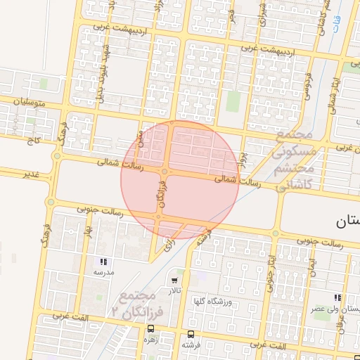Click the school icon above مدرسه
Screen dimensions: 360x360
click(103, 262)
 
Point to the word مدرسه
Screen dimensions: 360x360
click(103, 271)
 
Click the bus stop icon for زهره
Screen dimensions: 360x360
click(150, 329)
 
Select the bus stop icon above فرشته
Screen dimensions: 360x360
click(191, 334)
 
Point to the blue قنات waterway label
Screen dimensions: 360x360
click(336, 25)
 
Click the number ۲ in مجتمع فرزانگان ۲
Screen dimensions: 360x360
click(115, 310)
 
